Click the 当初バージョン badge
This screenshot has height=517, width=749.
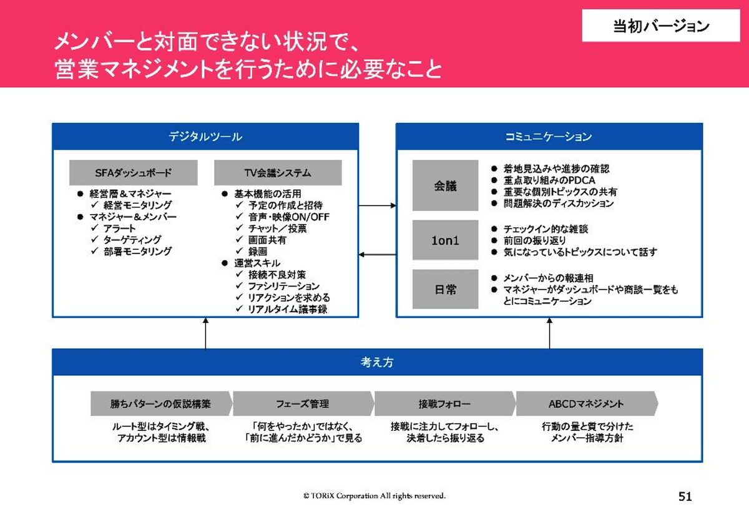pos(661,26)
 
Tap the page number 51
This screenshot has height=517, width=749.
pos(685,497)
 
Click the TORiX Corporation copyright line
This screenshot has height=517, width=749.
pos(374,496)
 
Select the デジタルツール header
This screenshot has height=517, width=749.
pos(205,137)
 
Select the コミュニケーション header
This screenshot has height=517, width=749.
pos(549,137)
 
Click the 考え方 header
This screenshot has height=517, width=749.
pos(377,362)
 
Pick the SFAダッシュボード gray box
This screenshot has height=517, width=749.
pos(133,173)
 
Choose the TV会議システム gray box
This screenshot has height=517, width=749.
pos(278,173)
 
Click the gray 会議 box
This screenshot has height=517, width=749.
pos(445,185)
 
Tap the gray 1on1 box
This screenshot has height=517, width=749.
pos(445,240)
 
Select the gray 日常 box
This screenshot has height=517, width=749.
pos(445,289)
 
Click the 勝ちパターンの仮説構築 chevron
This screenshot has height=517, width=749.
pos(161,404)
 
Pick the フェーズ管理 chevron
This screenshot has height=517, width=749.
pos(303,404)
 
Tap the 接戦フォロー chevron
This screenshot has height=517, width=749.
pos(444,404)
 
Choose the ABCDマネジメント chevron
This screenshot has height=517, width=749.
pos(586,404)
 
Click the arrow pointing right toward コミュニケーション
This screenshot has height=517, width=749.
pos(378,205)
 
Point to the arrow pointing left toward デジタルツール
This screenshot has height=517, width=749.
pos(378,254)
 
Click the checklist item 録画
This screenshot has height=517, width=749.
pos(258,251)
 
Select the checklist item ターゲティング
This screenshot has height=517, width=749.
pos(132,240)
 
